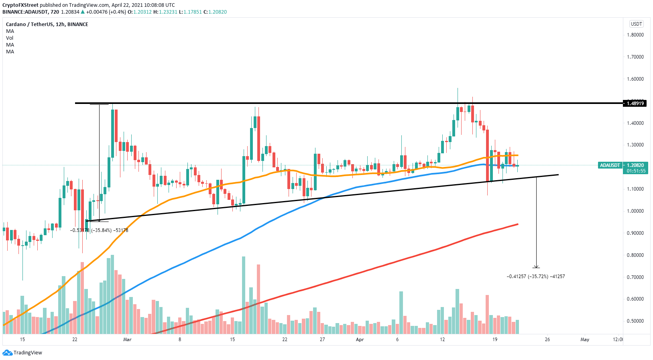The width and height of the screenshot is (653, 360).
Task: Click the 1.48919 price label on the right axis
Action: click(635, 104)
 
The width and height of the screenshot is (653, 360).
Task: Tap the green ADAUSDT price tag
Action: click(610, 165)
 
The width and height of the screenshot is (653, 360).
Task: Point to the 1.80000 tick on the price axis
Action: click(635, 35)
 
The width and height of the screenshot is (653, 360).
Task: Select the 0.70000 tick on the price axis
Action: click(635, 277)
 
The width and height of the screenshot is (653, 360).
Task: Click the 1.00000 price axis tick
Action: click(635, 211)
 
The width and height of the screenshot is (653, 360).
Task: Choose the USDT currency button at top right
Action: click(637, 24)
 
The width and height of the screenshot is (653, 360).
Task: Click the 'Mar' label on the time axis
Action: click(127, 340)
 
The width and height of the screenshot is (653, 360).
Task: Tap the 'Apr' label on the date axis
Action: click(360, 340)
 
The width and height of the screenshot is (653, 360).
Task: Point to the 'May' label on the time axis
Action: click(585, 340)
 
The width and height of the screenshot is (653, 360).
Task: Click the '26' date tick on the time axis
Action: click(547, 340)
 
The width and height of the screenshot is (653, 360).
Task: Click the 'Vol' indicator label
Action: click(10, 38)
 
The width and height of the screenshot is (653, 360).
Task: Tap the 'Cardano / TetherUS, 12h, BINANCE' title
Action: click(47, 24)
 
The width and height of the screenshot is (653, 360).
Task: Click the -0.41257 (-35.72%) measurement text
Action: click(536, 277)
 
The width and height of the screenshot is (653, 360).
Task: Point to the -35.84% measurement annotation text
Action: click(99, 230)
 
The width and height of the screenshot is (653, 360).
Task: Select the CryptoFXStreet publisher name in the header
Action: click(20, 5)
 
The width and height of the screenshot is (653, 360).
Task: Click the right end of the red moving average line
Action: click(518, 224)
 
